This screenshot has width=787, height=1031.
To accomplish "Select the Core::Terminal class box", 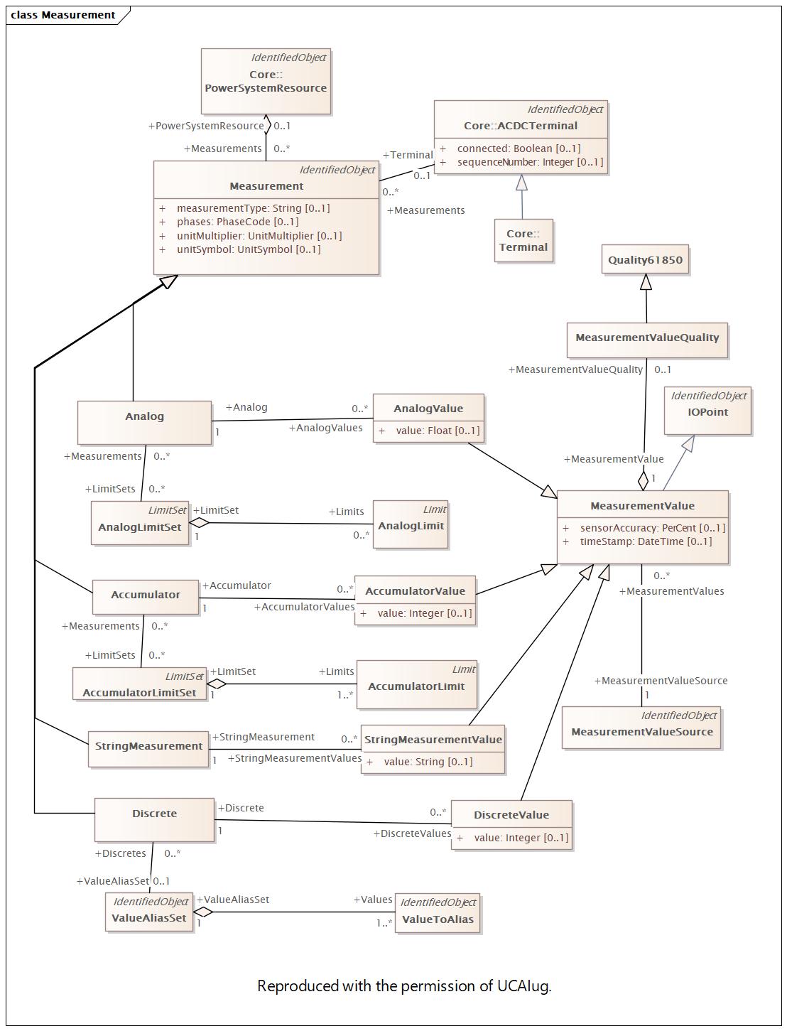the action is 523,240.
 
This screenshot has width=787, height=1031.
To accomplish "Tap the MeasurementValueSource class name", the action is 642,731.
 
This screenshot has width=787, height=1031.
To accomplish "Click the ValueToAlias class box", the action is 438,913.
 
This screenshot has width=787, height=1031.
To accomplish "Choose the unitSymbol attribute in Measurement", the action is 249,249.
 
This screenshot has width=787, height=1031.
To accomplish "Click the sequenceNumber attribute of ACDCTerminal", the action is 530,162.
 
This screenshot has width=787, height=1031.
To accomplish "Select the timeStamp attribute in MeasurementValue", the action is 646,541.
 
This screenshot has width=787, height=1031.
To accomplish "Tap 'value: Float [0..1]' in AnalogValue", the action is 438,431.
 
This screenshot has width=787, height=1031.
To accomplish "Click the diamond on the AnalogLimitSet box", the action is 199,522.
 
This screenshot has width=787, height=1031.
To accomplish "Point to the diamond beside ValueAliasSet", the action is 203,912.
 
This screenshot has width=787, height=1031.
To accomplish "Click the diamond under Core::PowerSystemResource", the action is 266,125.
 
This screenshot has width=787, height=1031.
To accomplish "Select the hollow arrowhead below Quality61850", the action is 646,281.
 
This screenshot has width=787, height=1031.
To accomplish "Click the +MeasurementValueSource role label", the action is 661,681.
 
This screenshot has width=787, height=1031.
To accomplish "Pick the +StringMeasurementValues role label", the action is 295,758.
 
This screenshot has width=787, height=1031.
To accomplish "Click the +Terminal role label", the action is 408,155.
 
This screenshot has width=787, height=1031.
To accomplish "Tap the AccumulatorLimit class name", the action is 416,686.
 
